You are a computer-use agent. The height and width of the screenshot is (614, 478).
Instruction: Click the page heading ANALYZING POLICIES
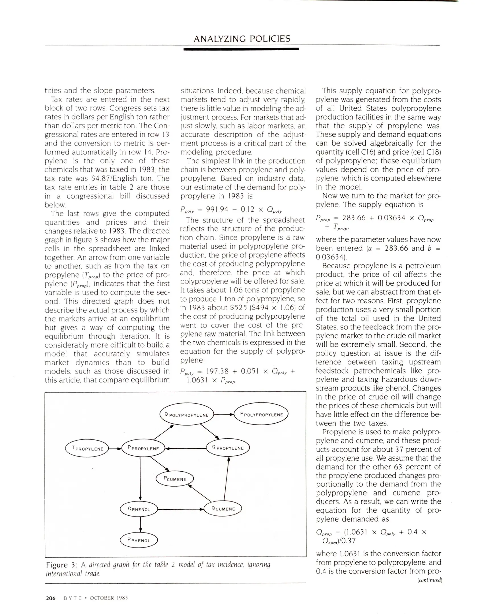click(x=242, y=39)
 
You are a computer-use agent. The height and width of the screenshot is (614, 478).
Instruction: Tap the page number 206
click(x=51, y=598)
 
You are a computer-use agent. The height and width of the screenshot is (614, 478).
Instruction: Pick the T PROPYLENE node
click(x=87, y=449)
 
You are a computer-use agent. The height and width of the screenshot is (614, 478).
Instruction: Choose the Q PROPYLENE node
click(x=228, y=448)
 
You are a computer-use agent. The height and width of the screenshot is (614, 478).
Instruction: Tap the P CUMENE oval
click(x=175, y=479)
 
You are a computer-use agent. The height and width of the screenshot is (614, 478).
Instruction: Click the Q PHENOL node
click(x=139, y=509)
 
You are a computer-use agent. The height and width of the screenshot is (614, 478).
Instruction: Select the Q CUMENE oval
click(x=223, y=509)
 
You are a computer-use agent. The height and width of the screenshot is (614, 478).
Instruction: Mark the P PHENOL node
click(x=139, y=540)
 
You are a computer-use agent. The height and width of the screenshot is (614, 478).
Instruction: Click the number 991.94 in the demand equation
click(x=217, y=209)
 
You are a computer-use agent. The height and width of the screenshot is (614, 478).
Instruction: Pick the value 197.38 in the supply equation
click(x=217, y=371)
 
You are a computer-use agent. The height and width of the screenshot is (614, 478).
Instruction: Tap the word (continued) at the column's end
click(x=429, y=580)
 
